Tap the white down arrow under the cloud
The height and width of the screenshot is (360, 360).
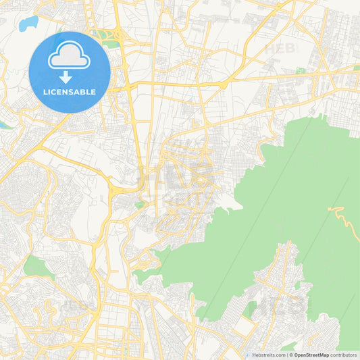coord(66,76)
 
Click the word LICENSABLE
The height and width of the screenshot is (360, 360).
coord(70,92)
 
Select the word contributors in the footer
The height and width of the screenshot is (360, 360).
coord(344,355)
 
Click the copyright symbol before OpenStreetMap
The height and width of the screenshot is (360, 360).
coord(290,355)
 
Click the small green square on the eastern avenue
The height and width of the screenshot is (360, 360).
coord(301,70)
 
